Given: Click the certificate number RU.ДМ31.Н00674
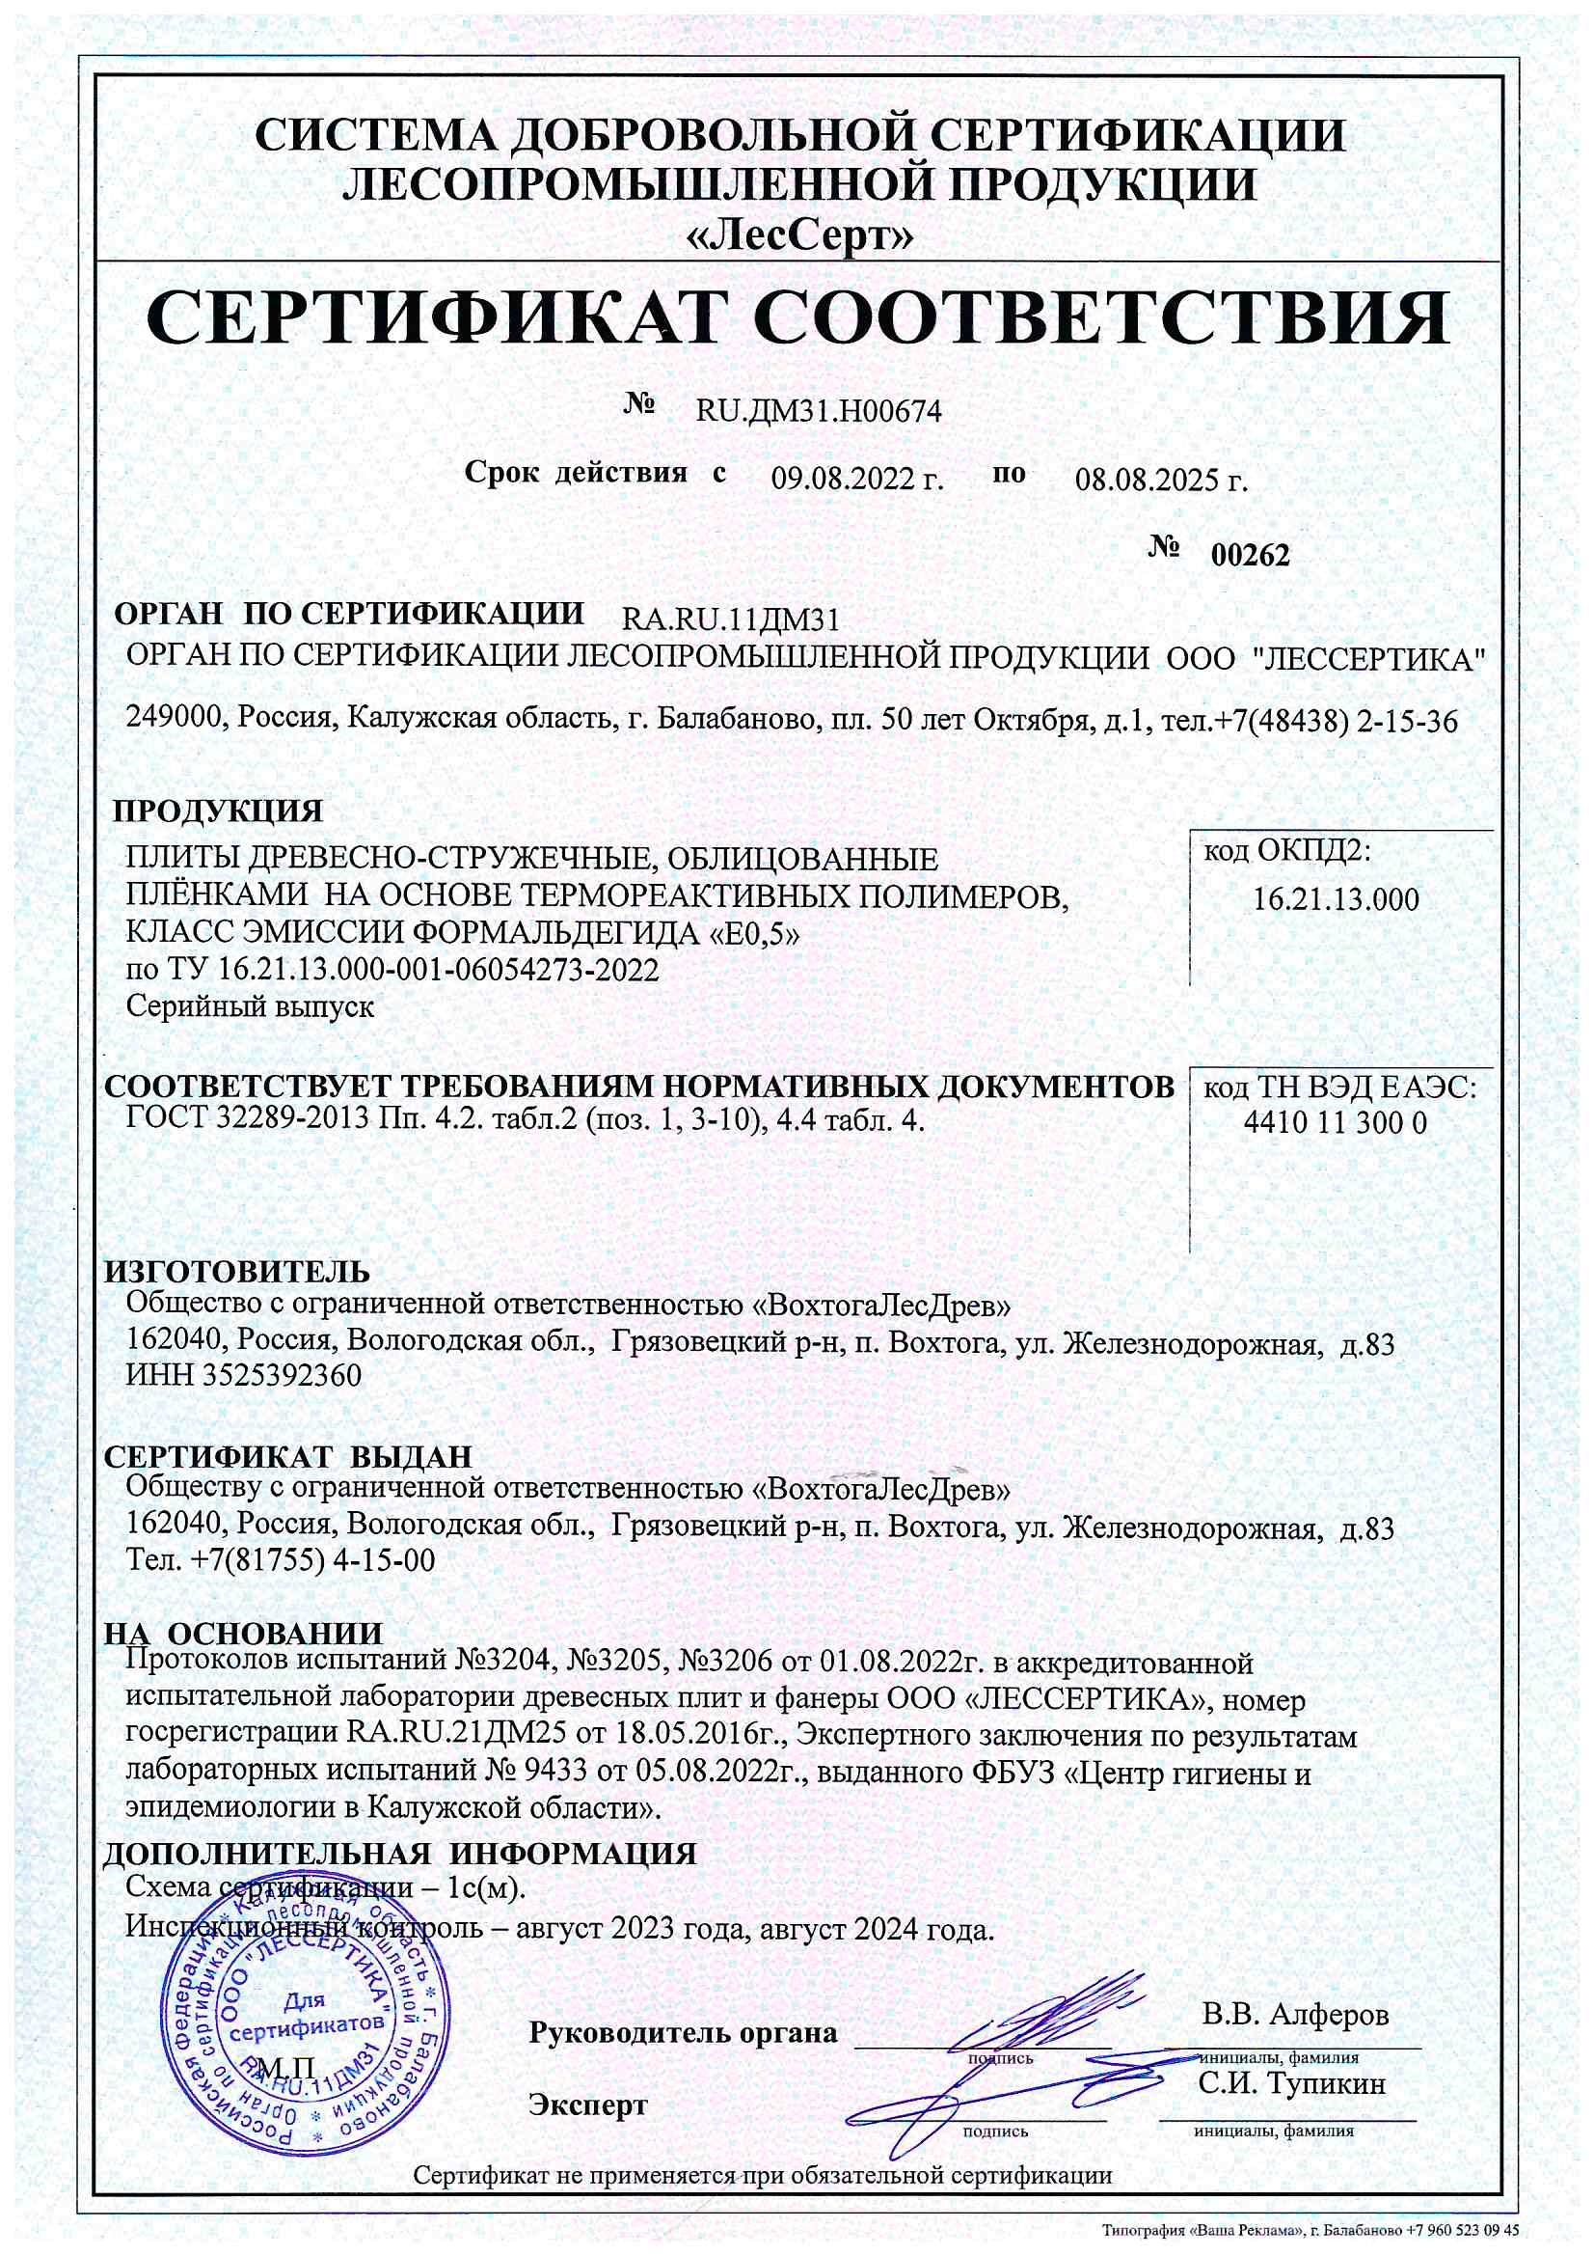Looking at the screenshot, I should pos(818,412).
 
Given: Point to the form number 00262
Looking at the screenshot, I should pos(1250,556).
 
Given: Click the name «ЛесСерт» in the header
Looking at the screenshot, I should pos(797,235).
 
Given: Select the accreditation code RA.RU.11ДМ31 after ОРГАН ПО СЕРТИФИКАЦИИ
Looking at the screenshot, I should pos(731,620).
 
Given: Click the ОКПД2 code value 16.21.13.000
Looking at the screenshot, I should pos(1336,899).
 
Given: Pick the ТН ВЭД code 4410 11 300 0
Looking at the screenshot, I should pos(1335,1123).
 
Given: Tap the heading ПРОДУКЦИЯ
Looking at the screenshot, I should pos(217,812).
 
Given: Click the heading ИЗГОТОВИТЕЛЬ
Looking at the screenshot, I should pos(236,1272).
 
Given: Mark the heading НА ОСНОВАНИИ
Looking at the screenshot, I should pos(243,1634).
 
